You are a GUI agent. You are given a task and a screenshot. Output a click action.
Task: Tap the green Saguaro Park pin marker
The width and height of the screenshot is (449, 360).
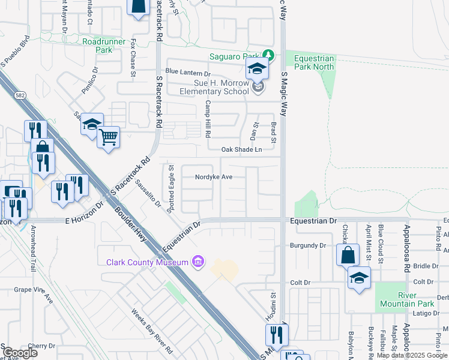point(269,56)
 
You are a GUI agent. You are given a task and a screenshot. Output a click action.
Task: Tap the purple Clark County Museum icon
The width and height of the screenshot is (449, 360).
point(196,262)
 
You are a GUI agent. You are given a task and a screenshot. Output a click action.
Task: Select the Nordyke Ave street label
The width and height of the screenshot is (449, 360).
point(213,177)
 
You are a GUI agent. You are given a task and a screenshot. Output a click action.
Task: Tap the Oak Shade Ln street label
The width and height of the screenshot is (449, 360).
point(242,149)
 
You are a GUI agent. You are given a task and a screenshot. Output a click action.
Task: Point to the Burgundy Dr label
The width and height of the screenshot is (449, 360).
point(307,245)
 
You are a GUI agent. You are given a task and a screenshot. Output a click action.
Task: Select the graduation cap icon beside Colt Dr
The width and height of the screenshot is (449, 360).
point(359,278)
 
